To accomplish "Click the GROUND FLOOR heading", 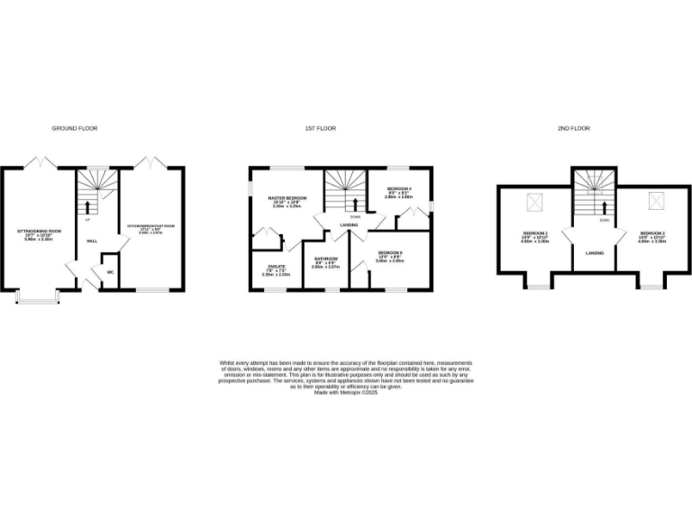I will pyautogui.click(x=74, y=129).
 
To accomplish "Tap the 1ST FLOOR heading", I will pyautogui.click(x=320, y=129).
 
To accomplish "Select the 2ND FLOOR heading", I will pyautogui.click(x=575, y=129).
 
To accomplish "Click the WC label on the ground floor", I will pyautogui.click(x=110, y=270).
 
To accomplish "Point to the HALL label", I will pyautogui.click(x=91, y=241).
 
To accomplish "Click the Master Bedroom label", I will pyautogui.click(x=284, y=200).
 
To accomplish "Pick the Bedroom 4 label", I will pyautogui.click(x=398, y=193).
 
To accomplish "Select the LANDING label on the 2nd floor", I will pyautogui.click(x=595, y=253).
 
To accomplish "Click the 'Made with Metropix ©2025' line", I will pyautogui.click(x=345, y=393).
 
